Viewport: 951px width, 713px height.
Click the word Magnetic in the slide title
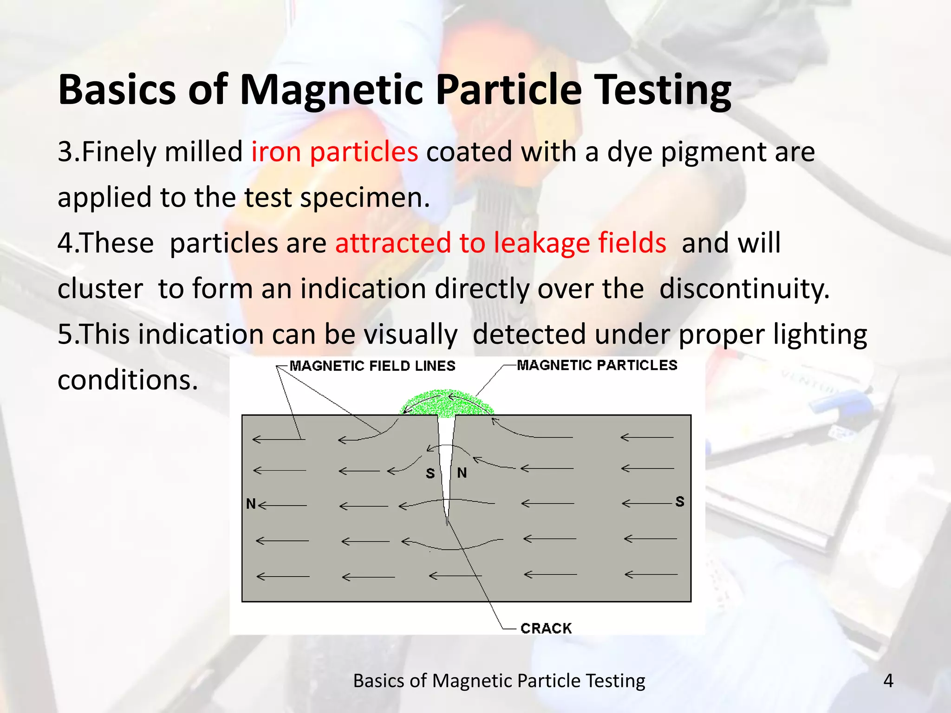coord(331,91)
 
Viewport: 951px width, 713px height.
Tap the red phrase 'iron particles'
coord(334,152)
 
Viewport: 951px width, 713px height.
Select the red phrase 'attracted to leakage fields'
coord(501,243)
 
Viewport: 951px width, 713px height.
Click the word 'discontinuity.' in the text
coord(744,288)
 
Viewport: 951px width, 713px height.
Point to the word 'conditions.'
coord(128,380)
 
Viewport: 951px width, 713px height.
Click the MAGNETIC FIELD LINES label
coord(372,366)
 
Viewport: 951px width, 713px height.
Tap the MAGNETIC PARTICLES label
coord(597,365)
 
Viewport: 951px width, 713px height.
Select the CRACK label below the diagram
coord(546,628)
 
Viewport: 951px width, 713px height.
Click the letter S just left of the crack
coord(430,473)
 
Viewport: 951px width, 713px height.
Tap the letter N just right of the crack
coord(462,473)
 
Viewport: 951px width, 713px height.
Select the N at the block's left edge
coord(251,504)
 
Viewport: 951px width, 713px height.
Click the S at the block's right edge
coord(680,502)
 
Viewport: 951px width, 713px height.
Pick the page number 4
coord(888,681)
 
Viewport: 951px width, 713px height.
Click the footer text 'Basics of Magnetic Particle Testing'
coord(499,681)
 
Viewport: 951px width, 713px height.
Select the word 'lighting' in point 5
coord(820,334)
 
